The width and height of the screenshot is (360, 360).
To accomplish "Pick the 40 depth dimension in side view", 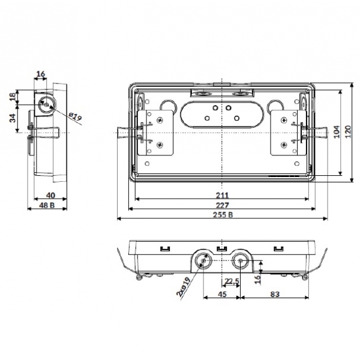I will [50, 196].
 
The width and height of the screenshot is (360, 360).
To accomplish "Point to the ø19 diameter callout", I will [75, 116].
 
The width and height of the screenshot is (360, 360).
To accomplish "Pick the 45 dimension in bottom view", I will [222, 294].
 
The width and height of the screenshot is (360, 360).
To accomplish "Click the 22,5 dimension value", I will [232, 281].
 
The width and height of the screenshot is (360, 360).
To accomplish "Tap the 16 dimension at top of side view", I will [41, 74].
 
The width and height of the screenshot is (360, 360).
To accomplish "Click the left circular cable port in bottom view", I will [204, 260].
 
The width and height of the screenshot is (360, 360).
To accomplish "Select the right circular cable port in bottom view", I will [241, 260].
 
